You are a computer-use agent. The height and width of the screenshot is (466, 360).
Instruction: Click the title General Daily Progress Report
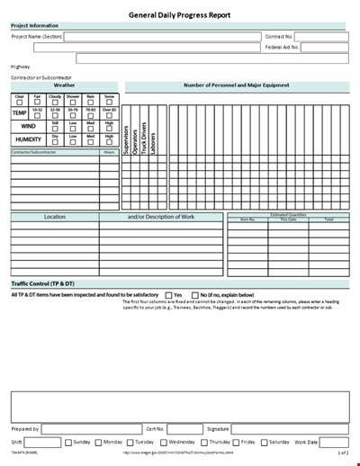tap(180, 15)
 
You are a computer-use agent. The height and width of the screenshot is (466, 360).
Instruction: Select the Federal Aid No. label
tap(282, 47)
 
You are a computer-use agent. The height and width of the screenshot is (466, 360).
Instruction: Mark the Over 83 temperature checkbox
tap(109, 115)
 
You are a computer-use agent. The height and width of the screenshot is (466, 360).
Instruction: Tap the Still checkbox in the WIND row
tap(55, 129)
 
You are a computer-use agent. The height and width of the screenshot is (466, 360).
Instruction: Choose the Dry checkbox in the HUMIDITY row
tap(55, 142)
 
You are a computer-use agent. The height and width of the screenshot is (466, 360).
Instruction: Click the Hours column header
tap(109, 152)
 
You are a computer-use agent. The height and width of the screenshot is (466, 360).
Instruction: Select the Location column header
tap(54, 217)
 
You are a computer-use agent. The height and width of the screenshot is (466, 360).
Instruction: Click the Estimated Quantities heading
tap(288, 214)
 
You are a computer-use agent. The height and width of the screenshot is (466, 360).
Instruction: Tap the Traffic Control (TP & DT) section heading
tap(42, 284)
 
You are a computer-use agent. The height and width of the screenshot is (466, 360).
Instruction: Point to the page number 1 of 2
tap(343, 453)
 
